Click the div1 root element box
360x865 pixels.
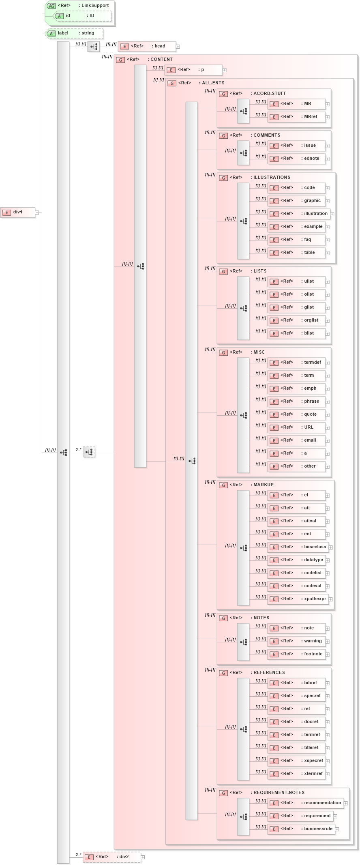tap(18, 212)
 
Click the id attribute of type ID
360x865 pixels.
tap(83, 16)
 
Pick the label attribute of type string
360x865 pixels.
tap(75, 33)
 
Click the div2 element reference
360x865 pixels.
tap(112, 857)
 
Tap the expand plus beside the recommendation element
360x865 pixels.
tap(346, 803)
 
